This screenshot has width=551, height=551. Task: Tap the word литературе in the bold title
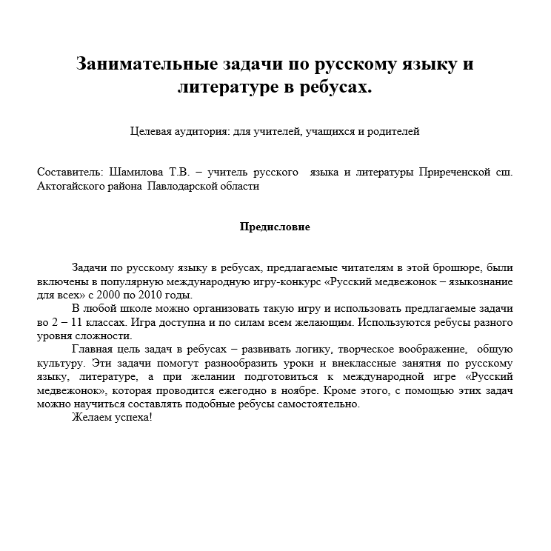pos(230,87)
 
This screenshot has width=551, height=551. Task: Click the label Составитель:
pos(70,172)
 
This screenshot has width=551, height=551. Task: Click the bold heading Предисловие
pos(275,227)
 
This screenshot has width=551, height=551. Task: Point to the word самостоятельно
pos(319,404)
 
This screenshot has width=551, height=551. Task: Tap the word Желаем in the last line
pos(92,418)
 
